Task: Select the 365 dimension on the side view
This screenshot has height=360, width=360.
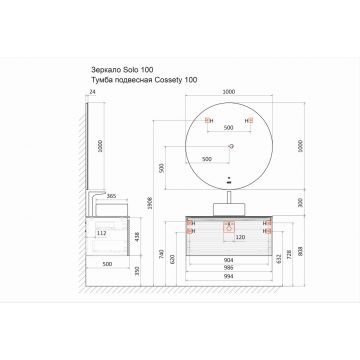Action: tap(113, 197)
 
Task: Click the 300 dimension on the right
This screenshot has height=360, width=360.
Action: tap(293, 202)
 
